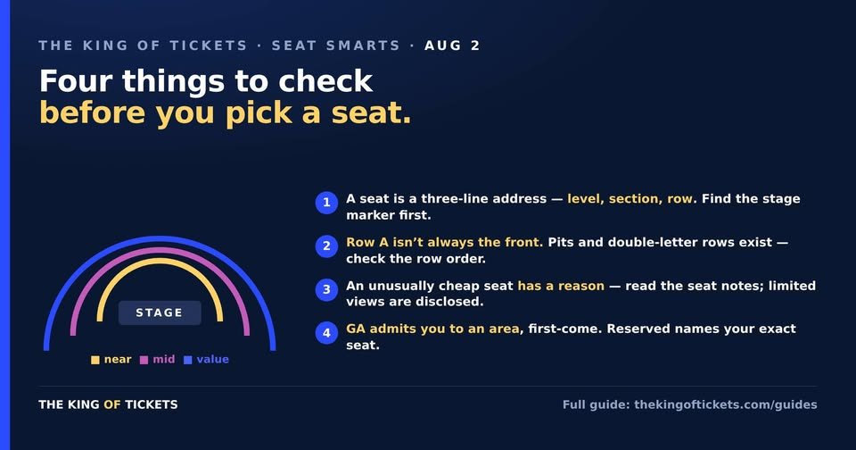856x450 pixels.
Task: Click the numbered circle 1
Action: (326, 203)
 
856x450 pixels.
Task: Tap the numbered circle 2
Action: (326, 246)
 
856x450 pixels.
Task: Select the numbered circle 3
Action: (326, 289)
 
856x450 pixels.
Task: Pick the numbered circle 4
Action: (326, 332)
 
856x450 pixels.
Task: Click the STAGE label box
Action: (160, 312)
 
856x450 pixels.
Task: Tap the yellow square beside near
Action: (95, 360)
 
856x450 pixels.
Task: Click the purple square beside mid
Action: (144, 360)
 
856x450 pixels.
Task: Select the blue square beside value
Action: (188, 360)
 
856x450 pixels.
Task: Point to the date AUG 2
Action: (452, 46)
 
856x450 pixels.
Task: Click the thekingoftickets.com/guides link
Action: (726, 404)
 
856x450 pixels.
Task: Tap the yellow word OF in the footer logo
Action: (112, 404)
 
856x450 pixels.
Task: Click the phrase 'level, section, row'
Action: (630, 199)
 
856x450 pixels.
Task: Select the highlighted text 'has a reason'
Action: (561, 286)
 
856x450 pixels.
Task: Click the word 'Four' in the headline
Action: (76, 81)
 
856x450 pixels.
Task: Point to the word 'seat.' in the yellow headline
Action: (371, 113)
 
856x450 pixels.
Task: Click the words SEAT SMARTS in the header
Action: (336, 46)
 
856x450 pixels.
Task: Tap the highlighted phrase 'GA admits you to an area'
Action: (433, 329)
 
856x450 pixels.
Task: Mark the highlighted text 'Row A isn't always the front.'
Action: (444, 242)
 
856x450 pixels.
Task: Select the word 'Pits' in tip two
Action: (561, 242)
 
